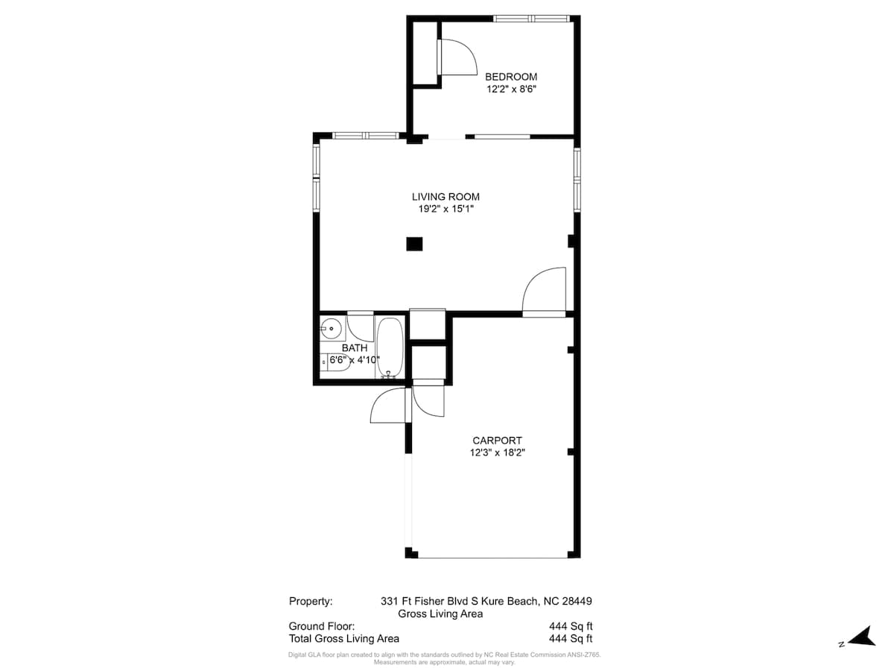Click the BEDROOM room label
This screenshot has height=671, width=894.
click(x=511, y=77)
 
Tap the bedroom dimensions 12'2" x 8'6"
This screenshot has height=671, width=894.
click(x=511, y=89)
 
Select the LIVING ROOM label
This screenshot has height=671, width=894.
click(x=446, y=197)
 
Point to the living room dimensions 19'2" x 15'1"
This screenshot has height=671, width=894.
click(x=446, y=209)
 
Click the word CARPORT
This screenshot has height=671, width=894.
click(x=497, y=441)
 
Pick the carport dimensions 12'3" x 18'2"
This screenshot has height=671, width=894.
click(x=497, y=453)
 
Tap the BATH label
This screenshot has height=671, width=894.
click(x=355, y=348)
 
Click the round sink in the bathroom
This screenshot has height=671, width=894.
click(x=332, y=328)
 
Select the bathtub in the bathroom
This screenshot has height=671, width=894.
click(x=390, y=347)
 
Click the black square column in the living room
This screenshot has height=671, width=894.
click(x=414, y=244)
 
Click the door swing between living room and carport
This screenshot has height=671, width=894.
click(x=546, y=292)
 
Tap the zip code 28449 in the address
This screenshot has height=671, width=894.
click(x=577, y=601)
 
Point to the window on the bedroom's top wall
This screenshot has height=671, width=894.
click(x=532, y=18)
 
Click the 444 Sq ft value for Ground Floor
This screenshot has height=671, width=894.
click(x=570, y=626)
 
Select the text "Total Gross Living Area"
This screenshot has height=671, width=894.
click(x=343, y=639)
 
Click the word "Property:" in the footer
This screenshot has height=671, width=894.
click(x=310, y=601)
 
